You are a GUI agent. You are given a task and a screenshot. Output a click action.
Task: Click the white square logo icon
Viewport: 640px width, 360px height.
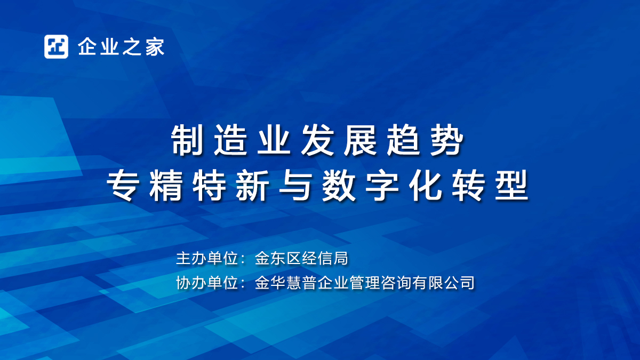coord(56,46)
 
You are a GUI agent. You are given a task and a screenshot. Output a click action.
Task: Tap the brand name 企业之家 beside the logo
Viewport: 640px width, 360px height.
coord(121,46)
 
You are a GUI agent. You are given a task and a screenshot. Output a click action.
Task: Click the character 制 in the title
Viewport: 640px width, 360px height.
coord(187,140)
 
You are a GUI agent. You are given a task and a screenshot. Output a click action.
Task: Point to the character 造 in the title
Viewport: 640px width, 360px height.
coord(230,140)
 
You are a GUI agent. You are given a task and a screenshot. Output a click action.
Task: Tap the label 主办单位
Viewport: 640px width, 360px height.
coord(207,258)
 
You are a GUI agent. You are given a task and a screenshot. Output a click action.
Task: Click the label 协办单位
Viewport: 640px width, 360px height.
coord(207,283)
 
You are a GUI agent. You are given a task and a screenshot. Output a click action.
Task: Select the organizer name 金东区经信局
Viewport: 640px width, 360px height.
coord(301,258)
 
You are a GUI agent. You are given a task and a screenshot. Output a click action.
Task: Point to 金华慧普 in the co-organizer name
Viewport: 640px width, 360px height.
coord(286,283)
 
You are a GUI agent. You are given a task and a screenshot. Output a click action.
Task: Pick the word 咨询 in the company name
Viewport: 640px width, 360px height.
coord(396,283)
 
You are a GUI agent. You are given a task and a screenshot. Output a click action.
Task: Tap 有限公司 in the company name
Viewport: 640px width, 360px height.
coord(443,283)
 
